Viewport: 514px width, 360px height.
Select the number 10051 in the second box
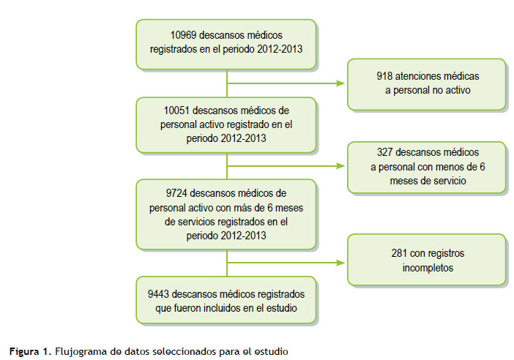click(176, 110)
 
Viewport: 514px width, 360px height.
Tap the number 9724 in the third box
click(176, 193)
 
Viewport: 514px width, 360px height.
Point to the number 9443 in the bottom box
click(158, 294)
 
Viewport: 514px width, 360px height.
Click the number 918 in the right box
click(384, 76)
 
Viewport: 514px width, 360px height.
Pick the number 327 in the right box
click(385, 152)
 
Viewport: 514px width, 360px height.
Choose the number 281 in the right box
click(399, 253)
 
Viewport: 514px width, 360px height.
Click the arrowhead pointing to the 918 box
click(340, 83)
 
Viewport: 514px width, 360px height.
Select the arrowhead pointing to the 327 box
click(340, 166)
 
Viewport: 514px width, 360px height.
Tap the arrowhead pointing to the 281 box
click(340, 263)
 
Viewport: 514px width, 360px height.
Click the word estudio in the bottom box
click(282, 308)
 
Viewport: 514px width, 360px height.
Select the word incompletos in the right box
click(428, 268)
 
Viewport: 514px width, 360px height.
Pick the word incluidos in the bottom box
click(222, 308)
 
